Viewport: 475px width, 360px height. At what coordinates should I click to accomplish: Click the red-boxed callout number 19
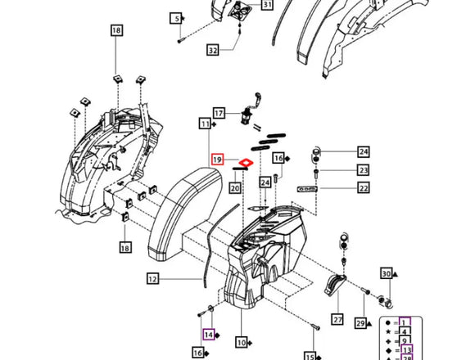(218, 160)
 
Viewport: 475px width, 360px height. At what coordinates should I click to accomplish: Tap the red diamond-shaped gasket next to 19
(243, 161)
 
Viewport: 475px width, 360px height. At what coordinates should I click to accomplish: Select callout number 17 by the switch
(219, 112)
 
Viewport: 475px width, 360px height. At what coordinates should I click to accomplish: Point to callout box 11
(204, 123)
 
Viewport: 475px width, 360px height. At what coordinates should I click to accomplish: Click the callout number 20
(234, 188)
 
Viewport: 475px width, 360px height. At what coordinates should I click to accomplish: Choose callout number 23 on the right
(364, 170)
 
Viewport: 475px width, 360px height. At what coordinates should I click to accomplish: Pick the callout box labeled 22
(364, 188)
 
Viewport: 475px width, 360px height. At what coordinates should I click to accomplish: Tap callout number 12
(152, 279)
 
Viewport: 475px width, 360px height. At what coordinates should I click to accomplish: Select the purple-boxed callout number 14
(208, 334)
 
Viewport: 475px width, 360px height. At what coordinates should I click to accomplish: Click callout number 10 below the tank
(241, 341)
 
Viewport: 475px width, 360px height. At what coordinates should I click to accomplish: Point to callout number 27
(337, 319)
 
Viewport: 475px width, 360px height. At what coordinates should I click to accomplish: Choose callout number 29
(359, 324)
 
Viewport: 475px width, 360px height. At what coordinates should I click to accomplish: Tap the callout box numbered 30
(386, 274)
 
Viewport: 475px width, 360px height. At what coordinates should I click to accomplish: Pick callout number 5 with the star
(175, 18)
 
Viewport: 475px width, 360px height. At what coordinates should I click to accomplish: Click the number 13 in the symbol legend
(407, 349)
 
